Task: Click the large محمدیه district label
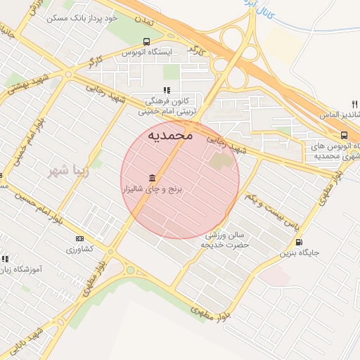169,135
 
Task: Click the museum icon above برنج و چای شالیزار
152,177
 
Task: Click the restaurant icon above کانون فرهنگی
167,90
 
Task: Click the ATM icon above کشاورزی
79,238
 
